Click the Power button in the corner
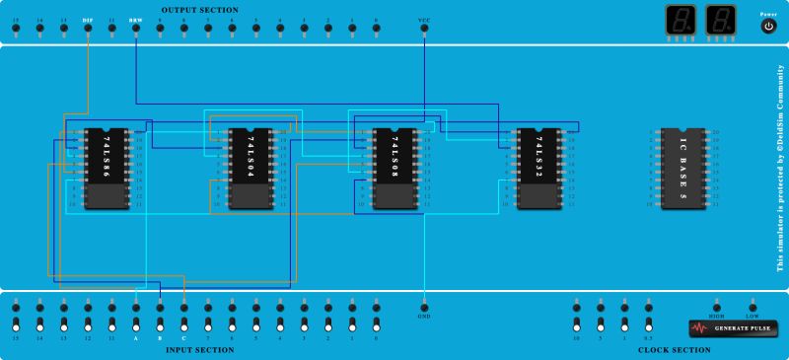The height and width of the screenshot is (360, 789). [x=768, y=27]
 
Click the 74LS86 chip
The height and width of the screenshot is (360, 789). [x=103, y=169]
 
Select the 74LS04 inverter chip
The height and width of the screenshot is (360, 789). [x=249, y=169]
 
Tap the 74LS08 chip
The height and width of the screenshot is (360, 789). [x=394, y=169]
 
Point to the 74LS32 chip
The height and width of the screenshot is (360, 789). [x=538, y=169]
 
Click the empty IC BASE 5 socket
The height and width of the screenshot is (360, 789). [x=682, y=169]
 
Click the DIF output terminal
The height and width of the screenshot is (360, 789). [x=88, y=29]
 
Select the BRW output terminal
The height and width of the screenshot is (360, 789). [x=135, y=29]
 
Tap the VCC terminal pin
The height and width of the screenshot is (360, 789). [x=424, y=29]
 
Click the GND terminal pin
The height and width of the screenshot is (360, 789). [x=424, y=307]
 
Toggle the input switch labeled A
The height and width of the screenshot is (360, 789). [x=136, y=324]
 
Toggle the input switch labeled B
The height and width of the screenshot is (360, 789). [x=160, y=324]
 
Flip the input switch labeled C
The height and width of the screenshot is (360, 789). [x=183, y=324]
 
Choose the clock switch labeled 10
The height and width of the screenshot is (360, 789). [x=576, y=324]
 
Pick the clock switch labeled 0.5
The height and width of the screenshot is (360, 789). [x=648, y=324]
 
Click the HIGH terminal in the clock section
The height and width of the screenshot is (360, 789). [x=717, y=307]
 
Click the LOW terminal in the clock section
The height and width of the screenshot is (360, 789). [x=753, y=307]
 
